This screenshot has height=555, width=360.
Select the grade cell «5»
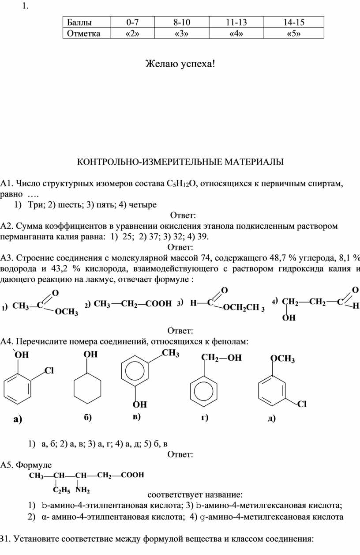pyautogui.click(x=293, y=34)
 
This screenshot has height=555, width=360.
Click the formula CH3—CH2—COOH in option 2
pyautogui.click(x=133, y=304)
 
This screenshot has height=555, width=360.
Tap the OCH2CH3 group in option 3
pyautogui.click(x=244, y=307)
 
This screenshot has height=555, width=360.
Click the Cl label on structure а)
pyautogui.click(x=49, y=371)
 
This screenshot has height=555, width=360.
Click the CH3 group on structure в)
pyautogui.click(x=170, y=353)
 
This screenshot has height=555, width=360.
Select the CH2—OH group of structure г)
pyautogui.click(x=221, y=358)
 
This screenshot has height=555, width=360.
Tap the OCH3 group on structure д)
pyautogui.click(x=282, y=359)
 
